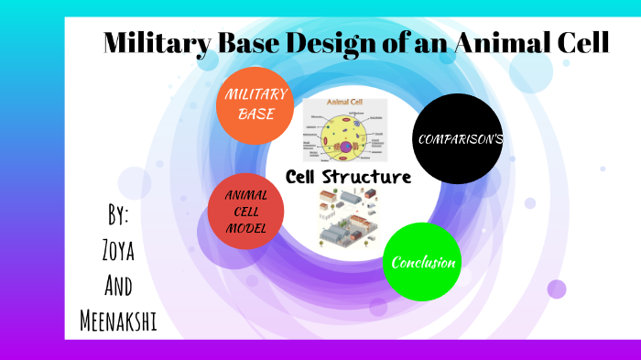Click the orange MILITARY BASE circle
(256, 105)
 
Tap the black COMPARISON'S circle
(458, 138)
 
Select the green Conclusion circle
(422, 262)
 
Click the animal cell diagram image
(344, 131)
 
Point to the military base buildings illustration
(346, 218)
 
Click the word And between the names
(117, 286)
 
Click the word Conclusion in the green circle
(423, 263)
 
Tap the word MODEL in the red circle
(244, 228)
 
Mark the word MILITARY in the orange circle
(256, 94)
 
